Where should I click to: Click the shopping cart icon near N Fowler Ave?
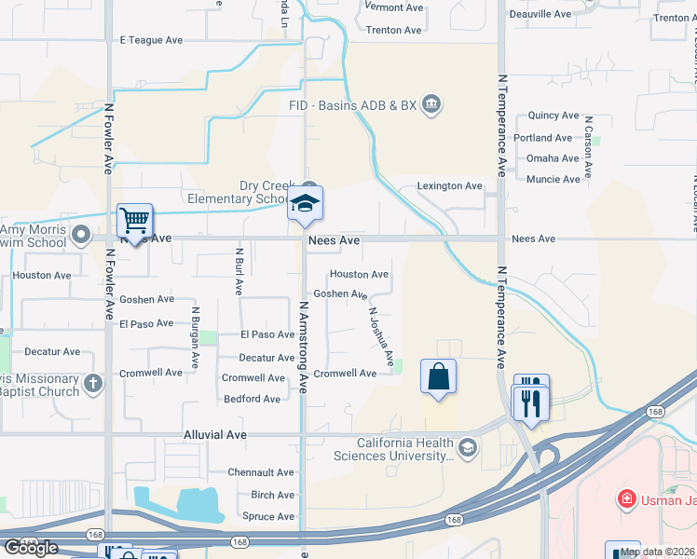tap(135, 222)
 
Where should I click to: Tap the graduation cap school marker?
tap(305, 204)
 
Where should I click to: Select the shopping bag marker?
tap(438, 377)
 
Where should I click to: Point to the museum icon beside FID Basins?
tap(430, 103)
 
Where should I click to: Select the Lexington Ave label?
tap(449, 186)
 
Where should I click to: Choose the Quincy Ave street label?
tap(553, 116)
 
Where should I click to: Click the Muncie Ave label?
tap(553, 179)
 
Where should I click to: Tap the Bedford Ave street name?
tap(252, 400)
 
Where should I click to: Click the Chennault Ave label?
tap(261, 473)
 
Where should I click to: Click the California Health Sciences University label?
tap(402, 449)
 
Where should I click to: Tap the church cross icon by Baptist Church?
tap(93, 383)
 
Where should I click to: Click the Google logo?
tap(31, 548)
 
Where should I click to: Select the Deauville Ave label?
tap(540, 15)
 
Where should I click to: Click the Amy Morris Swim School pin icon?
tap(81, 234)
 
